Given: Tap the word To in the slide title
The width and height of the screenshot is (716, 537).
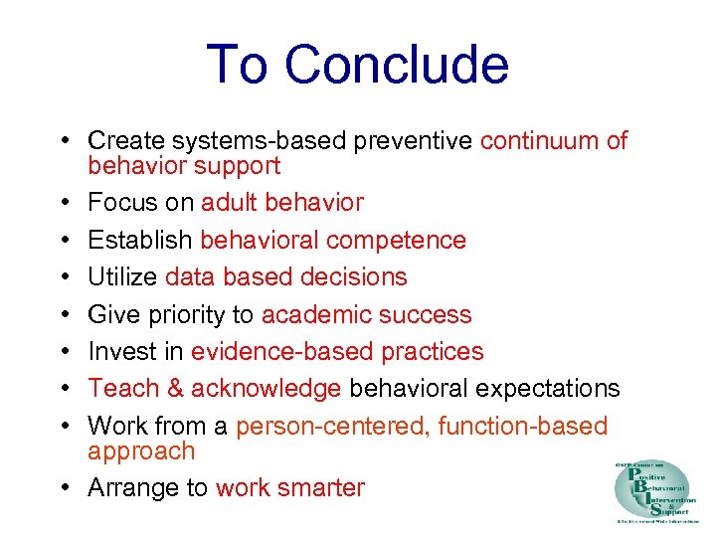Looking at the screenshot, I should tap(239, 65).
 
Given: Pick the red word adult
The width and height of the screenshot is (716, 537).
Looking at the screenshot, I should tap(230, 203).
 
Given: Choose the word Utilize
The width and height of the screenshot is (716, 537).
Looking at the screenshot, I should tap(123, 277).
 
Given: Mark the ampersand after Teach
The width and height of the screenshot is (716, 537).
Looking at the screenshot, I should tap(173, 389).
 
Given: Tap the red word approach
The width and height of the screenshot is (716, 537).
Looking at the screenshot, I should tap(141, 451).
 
